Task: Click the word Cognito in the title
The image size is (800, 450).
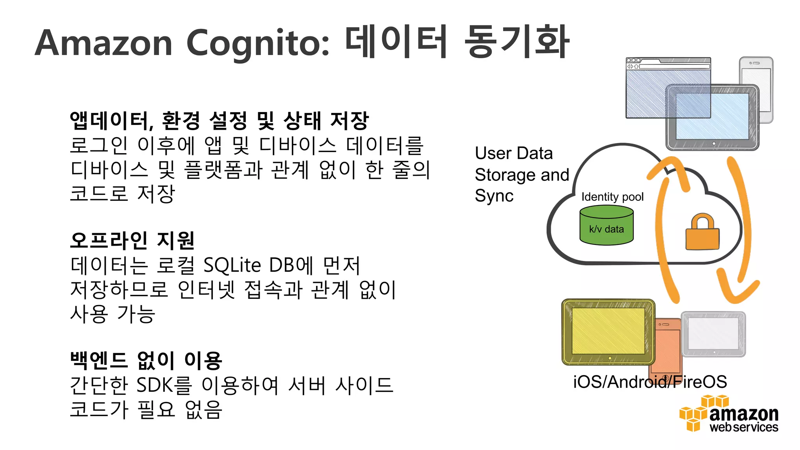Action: tap(258, 44)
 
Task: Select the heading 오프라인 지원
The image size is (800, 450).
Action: tap(132, 240)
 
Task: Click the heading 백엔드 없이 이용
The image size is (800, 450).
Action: tap(146, 360)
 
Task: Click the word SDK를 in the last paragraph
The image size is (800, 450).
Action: tap(164, 385)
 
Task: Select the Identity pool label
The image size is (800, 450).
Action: tap(612, 196)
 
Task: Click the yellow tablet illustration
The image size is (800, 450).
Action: tap(608, 332)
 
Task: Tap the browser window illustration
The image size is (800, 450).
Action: tap(656, 86)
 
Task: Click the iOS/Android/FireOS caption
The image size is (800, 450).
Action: tap(650, 382)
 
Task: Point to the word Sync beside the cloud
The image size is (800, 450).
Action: tap(494, 196)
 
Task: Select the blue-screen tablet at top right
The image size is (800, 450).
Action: tap(712, 117)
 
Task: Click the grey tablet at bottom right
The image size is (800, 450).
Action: tap(713, 334)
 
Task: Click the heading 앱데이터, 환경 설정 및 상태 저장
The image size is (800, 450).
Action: tap(219, 121)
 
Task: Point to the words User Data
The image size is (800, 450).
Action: tap(514, 153)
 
